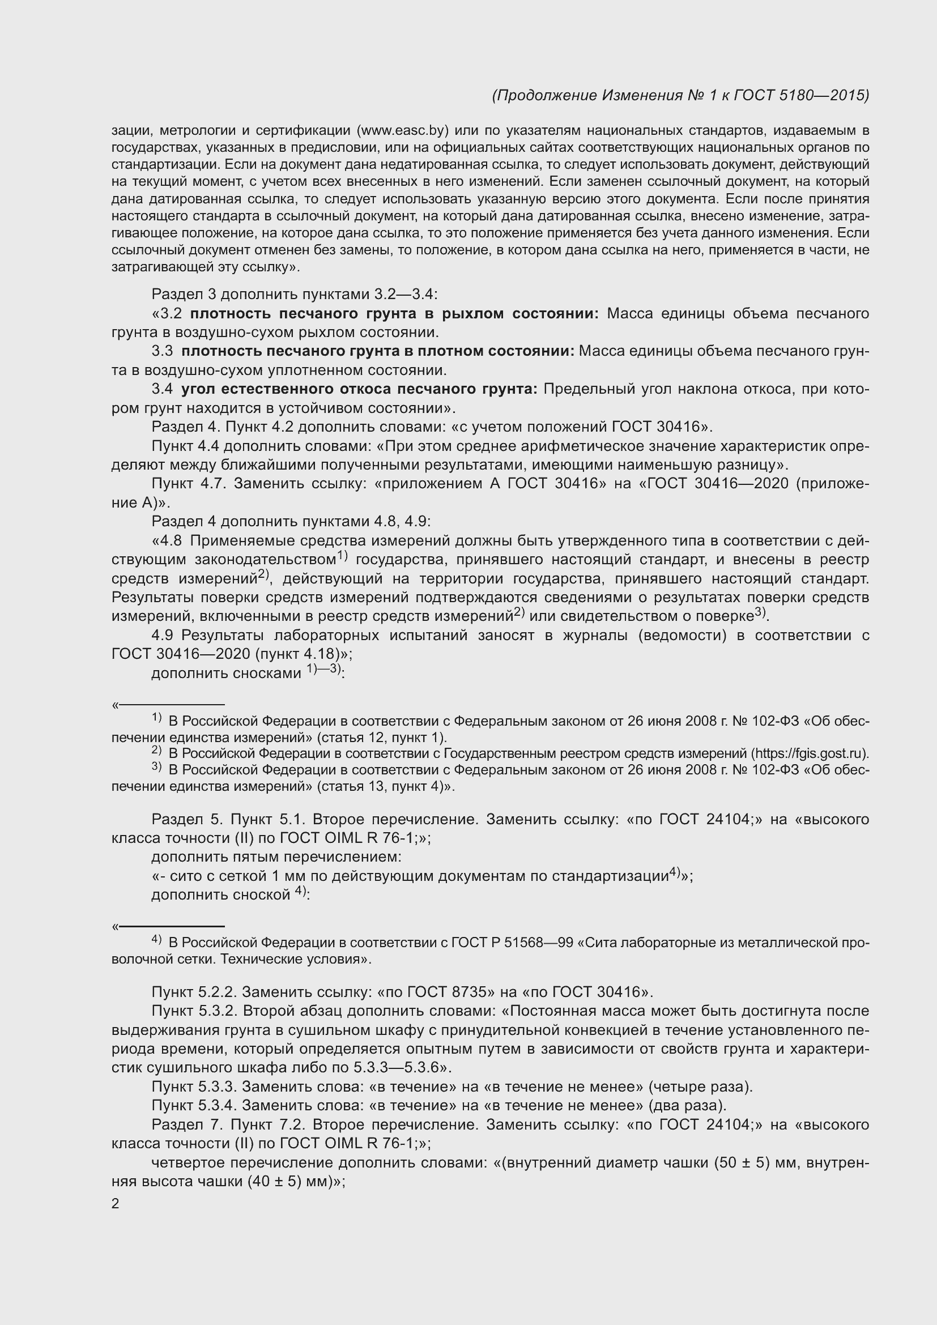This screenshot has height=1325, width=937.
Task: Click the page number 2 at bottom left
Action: pyautogui.click(x=116, y=1204)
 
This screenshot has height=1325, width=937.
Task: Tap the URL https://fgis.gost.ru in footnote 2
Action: pyautogui.click(x=810, y=753)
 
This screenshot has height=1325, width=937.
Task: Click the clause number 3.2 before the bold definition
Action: pyautogui.click(x=171, y=314)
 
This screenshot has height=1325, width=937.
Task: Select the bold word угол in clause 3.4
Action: pyautogui.click(x=198, y=390)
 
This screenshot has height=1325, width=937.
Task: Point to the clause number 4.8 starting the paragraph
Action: pyautogui.click(x=171, y=541)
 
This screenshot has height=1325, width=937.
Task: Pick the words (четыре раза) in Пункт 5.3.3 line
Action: pyautogui.click(x=700, y=1087)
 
